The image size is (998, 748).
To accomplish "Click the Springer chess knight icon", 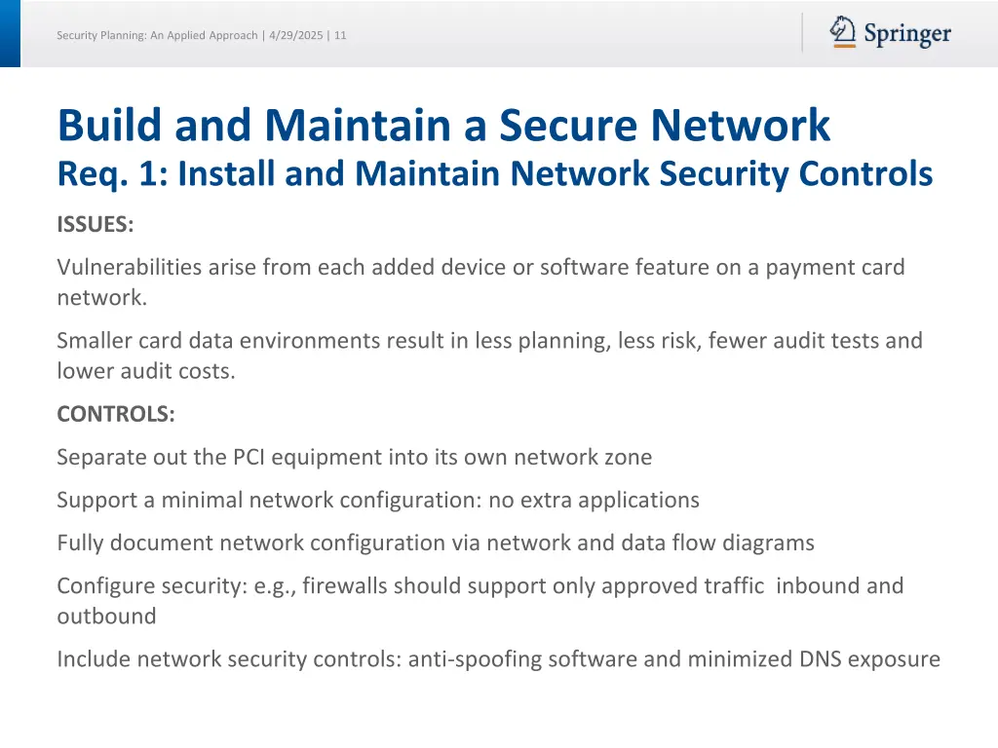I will (843, 32).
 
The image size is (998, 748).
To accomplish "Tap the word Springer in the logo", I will (907, 35).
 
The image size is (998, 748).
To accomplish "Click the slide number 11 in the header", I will (340, 35).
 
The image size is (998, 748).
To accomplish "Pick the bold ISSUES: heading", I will (95, 224).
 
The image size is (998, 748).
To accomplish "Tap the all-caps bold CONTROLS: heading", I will (116, 414).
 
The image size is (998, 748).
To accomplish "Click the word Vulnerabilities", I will (129, 267).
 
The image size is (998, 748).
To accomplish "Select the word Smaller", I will (95, 341).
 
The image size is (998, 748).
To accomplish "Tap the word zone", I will (629, 457).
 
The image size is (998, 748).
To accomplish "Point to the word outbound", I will (106, 617).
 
